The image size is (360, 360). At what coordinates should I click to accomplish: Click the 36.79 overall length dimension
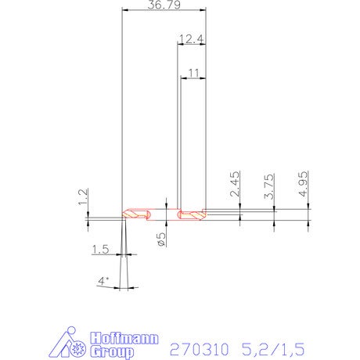164,5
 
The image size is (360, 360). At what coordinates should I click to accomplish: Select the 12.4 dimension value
191,39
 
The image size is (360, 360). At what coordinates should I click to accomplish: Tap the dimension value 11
193,74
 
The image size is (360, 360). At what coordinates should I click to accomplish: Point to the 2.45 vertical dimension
235,184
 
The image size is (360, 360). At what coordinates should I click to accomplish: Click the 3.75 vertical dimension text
269,186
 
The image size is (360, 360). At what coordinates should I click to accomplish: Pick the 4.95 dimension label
304,184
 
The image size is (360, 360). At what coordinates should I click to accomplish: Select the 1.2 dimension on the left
83,196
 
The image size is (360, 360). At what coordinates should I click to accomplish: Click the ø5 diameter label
161,239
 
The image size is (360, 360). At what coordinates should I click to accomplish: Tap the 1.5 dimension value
101,250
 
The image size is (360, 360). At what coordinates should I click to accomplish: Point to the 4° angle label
103,281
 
